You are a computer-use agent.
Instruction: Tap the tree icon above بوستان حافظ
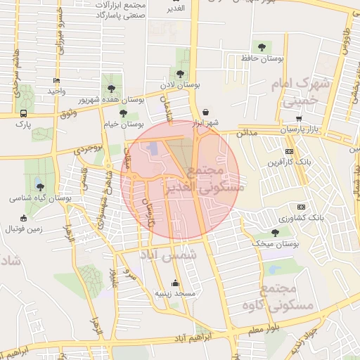tap(262, 46)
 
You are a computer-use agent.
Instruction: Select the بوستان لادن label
tap(179, 84)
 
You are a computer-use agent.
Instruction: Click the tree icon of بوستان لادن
tap(180, 73)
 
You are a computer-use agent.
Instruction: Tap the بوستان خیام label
tap(123, 124)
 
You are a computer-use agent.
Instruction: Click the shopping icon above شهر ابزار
tap(205, 112)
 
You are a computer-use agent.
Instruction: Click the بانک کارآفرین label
tap(286, 162)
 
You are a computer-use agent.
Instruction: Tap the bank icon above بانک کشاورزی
tap(302, 207)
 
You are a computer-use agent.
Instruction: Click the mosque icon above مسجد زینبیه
tap(175, 283)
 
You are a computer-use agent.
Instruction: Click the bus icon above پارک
tap(25, 112)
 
